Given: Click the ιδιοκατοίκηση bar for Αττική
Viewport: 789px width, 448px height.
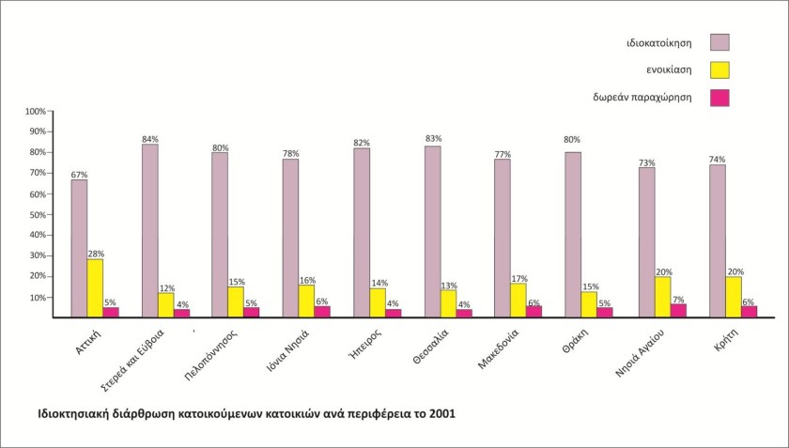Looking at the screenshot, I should coord(79,248).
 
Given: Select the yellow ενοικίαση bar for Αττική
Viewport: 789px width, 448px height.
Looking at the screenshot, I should coord(95,288).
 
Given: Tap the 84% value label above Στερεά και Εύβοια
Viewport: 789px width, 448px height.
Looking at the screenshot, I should coord(149,139).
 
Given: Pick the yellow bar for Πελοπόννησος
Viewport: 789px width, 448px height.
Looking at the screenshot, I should coord(236,302).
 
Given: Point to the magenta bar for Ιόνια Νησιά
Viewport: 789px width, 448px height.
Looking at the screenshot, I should coord(322,312).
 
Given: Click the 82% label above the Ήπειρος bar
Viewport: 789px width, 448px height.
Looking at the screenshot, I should coord(362,143).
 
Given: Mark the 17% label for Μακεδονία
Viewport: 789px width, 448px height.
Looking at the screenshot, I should coord(519,278).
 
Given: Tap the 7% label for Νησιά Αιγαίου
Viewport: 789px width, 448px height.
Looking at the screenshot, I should coord(678,299).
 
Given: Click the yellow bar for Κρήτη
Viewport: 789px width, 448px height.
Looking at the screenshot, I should coord(733,297).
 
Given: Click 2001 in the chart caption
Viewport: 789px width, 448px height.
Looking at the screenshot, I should coord(441,413).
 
